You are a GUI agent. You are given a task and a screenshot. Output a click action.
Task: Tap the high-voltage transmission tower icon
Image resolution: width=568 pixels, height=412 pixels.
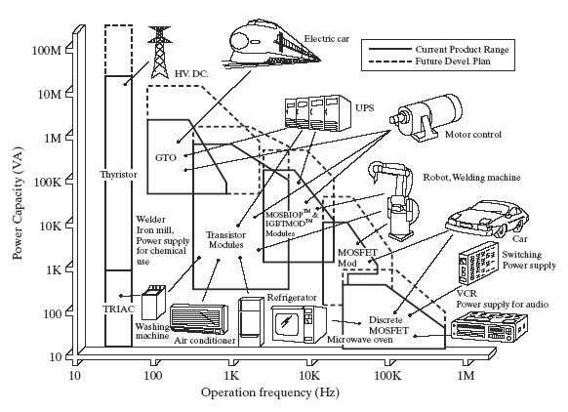(x=157, y=39)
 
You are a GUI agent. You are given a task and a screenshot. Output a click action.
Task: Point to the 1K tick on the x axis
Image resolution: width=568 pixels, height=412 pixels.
(x=230, y=375)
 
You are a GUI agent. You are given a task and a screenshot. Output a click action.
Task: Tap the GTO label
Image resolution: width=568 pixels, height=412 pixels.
(x=165, y=157)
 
